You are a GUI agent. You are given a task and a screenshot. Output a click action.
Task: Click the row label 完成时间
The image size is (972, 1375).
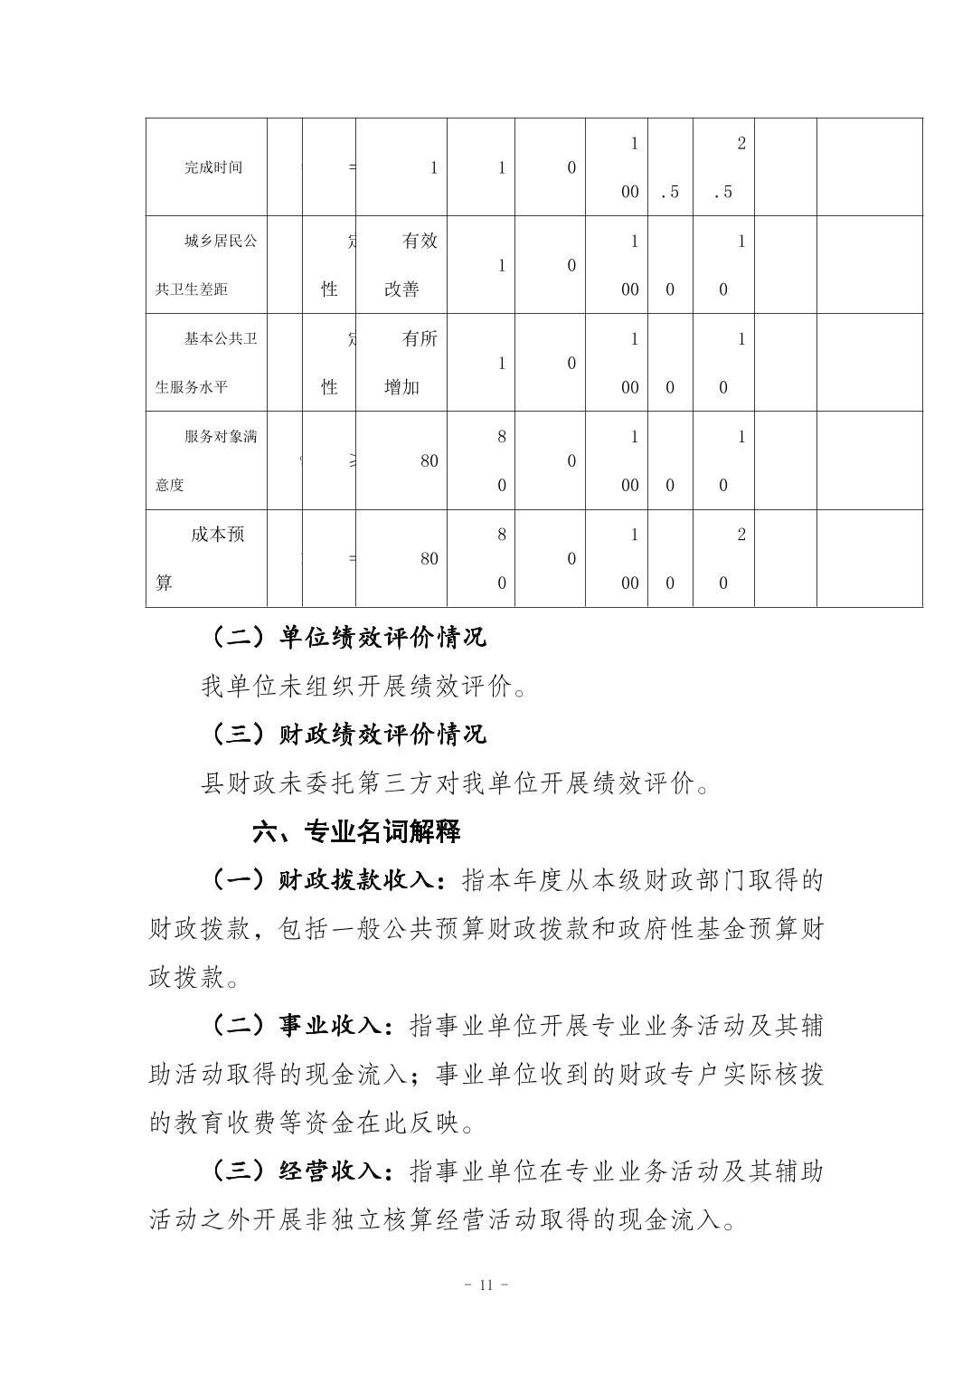[213, 167]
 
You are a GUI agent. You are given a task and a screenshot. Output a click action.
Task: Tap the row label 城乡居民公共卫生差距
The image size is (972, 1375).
[206, 265]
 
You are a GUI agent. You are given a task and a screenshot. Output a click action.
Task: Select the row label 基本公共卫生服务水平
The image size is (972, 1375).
[206, 363]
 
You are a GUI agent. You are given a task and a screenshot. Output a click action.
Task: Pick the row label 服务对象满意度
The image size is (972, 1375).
[206, 460]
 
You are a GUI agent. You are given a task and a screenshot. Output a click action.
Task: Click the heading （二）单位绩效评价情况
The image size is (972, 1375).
[349, 637]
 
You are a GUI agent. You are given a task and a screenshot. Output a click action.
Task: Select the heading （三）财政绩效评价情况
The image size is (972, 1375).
[349, 734]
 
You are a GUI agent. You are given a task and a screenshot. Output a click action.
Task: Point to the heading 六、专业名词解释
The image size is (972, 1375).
[356, 831]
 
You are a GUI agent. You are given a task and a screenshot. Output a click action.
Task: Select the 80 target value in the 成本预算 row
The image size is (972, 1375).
[429, 559]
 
